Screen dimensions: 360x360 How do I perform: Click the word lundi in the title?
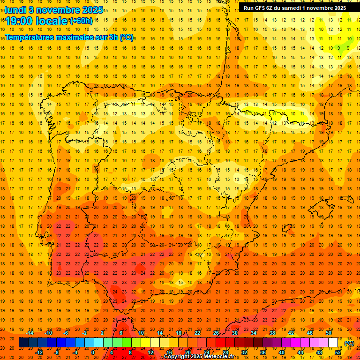click(15, 10)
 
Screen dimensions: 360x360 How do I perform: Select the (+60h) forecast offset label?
click(81, 21)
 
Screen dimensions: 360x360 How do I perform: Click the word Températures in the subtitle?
click(31, 37)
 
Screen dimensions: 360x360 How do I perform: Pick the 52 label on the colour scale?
click(337, 352)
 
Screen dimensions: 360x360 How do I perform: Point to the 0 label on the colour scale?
click(93, 352)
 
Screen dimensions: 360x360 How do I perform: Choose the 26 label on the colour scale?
click(216, 333)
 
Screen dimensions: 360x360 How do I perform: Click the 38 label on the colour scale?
click(272, 333)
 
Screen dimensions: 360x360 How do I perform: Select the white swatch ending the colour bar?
click(333, 343)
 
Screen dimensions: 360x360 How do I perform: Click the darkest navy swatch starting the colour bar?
click(23, 343)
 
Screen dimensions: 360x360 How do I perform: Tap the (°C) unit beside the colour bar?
click(349, 343)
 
